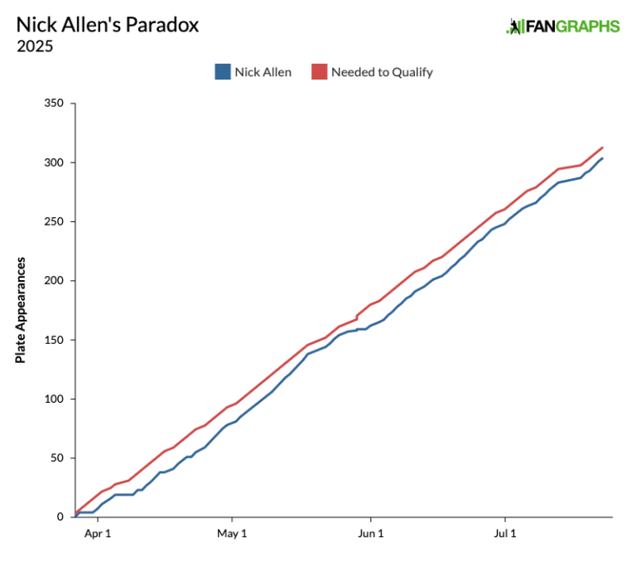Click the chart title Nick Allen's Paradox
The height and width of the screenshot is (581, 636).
click(108, 25)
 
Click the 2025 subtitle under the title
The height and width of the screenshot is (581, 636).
click(35, 46)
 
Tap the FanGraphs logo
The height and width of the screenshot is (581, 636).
click(562, 27)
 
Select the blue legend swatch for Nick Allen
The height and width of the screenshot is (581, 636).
click(222, 72)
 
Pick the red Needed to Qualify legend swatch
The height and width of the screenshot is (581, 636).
click(319, 72)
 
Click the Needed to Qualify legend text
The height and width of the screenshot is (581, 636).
click(382, 72)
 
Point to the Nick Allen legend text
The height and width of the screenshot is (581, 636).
click(263, 72)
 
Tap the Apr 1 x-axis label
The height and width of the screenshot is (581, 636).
click(98, 533)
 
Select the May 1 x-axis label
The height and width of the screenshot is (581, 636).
click(232, 533)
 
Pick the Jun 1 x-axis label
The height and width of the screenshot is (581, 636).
click(370, 533)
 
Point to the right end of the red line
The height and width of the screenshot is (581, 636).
click(602, 148)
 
